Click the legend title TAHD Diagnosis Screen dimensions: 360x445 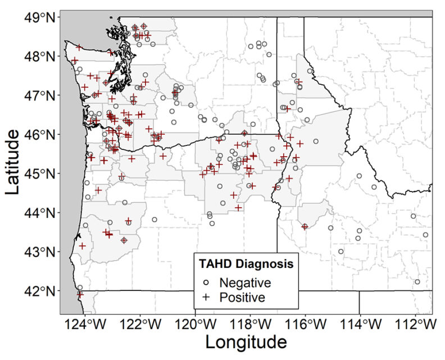(x=246, y=263)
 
